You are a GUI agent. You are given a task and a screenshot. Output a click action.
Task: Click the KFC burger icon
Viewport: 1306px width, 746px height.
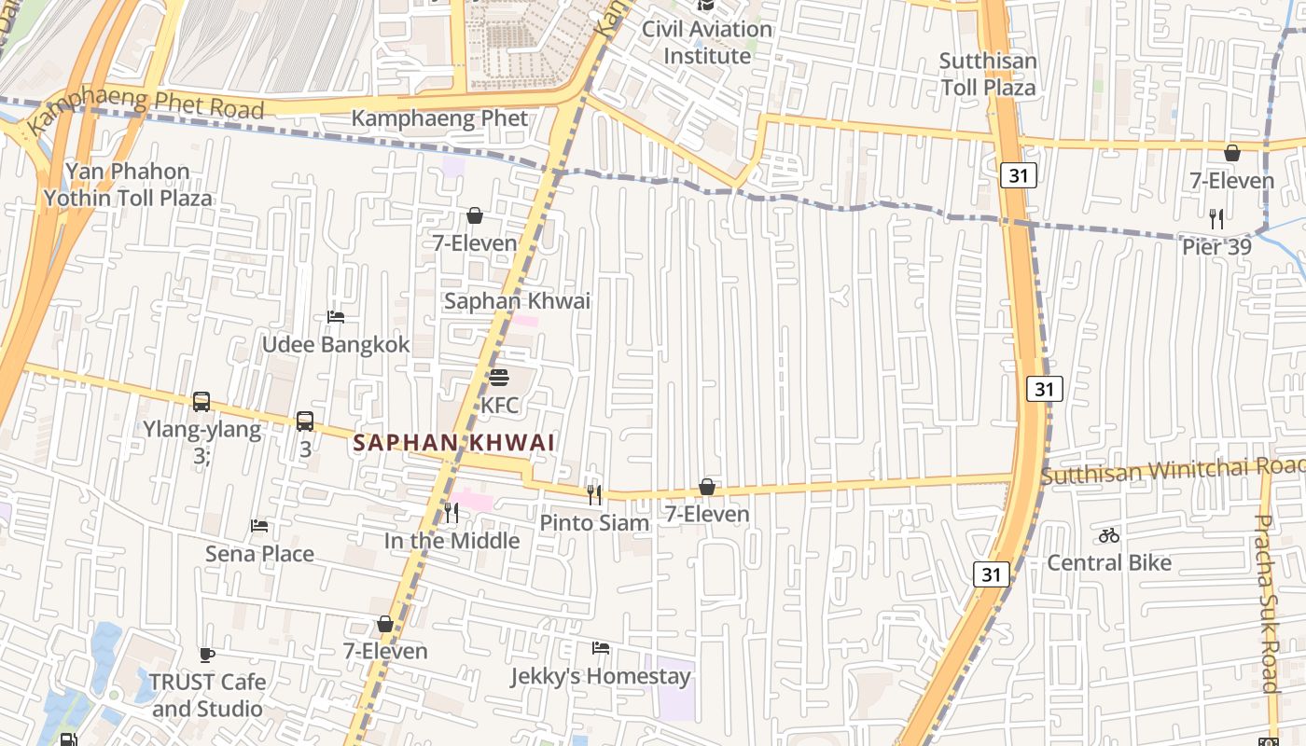(x=499, y=378)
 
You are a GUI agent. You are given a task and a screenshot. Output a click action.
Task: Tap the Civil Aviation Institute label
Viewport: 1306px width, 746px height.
(x=706, y=43)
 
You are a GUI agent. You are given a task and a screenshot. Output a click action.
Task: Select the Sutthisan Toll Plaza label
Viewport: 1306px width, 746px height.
(x=988, y=75)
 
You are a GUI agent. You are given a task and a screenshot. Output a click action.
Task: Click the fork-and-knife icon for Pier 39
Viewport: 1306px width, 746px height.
(x=1216, y=219)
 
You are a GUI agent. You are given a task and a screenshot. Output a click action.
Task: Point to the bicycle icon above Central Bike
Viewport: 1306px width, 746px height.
(x=1109, y=535)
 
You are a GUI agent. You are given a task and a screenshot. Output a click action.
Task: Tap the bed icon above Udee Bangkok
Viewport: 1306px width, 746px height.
(x=336, y=317)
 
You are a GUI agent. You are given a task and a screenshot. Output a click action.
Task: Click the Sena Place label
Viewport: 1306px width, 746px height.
(x=259, y=554)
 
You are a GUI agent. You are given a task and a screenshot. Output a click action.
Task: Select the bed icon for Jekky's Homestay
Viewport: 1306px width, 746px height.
(x=601, y=648)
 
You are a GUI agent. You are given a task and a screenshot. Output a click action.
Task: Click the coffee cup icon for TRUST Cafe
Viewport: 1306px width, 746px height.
(x=207, y=655)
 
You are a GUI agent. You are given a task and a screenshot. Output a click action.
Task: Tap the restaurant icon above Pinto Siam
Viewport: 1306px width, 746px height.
(x=594, y=494)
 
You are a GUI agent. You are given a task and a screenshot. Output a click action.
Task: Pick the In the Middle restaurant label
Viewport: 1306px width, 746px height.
(x=452, y=541)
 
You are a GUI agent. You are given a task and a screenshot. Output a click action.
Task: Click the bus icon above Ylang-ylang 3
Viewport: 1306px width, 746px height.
(x=201, y=402)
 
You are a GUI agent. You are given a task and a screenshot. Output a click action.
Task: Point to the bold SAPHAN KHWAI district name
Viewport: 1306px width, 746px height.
(x=454, y=443)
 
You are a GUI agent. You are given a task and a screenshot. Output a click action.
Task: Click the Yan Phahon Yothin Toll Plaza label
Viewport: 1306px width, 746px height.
(x=128, y=185)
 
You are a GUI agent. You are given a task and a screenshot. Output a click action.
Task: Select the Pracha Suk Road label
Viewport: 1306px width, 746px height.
(x=1265, y=603)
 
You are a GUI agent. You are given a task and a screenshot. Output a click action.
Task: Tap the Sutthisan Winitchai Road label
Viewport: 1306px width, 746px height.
(x=1173, y=471)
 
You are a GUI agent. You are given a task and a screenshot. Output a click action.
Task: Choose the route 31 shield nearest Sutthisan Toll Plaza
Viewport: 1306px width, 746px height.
(x=1020, y=174)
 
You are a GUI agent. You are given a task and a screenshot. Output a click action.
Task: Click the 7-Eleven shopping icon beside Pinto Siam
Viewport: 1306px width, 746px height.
(x=707, y=487)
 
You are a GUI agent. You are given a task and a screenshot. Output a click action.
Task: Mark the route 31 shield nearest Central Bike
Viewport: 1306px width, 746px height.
(x=992, y=574)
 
